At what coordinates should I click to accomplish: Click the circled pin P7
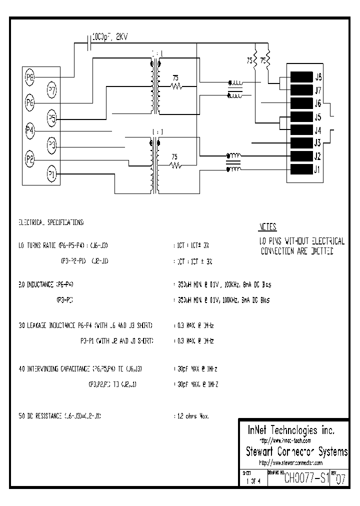[x=52, y=90]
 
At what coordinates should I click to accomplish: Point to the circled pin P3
[x=52, y=146]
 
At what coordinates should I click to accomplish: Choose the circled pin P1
[x=52, y=174]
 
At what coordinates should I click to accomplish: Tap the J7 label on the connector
[x=318, y=90]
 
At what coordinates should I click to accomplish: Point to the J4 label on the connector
[x=318, y=130]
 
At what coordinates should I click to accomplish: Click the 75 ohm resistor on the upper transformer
[x=176, y=86]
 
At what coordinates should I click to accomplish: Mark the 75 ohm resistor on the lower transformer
[x=176, y=164]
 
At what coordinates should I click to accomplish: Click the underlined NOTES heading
[x=267, y=227]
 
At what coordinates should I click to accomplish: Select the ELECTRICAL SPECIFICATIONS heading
[x=51, y=221]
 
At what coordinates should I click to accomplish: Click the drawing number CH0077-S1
[x=306, y=478]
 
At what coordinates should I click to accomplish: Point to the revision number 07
[x=340, y=479]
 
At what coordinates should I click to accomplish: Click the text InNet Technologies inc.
[x=291, y=430]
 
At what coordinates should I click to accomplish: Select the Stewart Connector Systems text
[x=296, y=452]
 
